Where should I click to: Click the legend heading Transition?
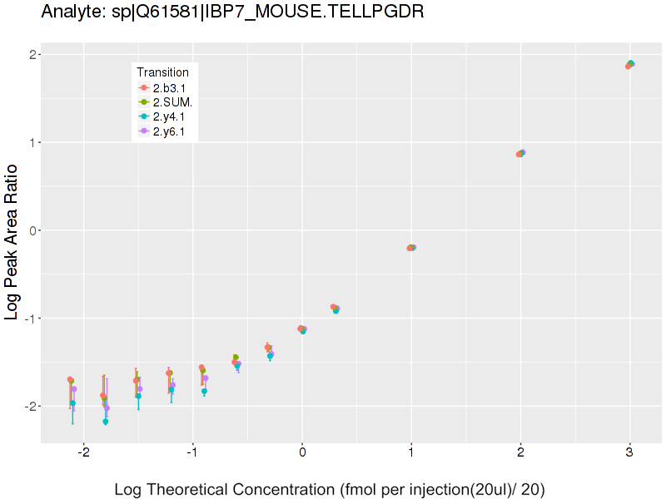(162, 72)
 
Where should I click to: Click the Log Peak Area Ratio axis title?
(12, 242)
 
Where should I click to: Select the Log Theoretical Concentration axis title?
(330, 489)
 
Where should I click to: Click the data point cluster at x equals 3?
(629, 64)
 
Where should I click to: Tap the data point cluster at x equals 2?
(520, 153)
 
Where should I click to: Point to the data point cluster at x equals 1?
(411, 248)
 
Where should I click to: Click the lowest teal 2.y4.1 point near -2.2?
(105, 422)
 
